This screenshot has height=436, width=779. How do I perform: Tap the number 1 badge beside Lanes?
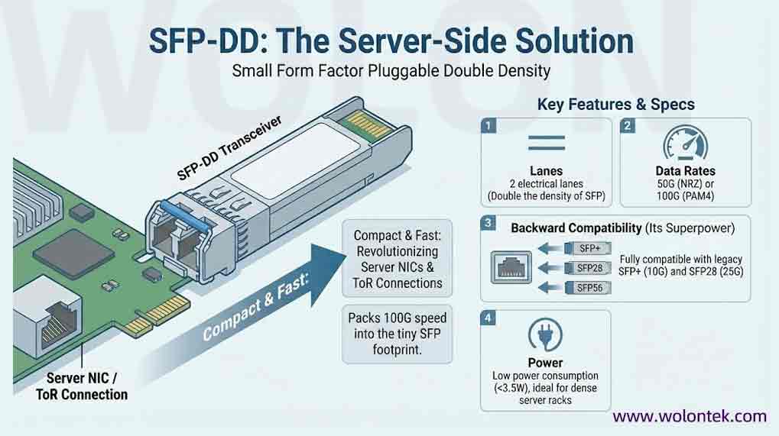tap(488, 125)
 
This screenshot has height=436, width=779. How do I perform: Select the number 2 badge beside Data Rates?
tap(628, 125)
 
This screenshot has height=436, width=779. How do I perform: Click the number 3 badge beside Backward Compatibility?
tap(488, 223)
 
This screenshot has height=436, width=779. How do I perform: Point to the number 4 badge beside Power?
tap(488, 318)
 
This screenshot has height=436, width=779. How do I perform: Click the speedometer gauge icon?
tap(686, 143)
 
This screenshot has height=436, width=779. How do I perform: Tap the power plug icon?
tap(546, 335)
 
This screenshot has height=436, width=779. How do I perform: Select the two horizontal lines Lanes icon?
tap(547, 143)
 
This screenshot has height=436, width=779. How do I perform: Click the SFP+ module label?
tap(589, 248)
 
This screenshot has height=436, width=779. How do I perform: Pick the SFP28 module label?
tap(589, 268)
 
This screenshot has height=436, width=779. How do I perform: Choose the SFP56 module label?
tap(589, 288)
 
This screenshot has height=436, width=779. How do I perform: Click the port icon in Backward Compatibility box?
tap(511, 267)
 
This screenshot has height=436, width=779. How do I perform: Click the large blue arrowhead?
tap(326, 273)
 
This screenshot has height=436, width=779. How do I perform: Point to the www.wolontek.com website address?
tap(690, 416)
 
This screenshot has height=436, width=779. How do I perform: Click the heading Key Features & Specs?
tap(616, 104)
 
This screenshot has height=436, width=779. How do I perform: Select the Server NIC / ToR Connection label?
tap(82, 386)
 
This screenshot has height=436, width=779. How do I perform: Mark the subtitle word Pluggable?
tap(403, 71)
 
